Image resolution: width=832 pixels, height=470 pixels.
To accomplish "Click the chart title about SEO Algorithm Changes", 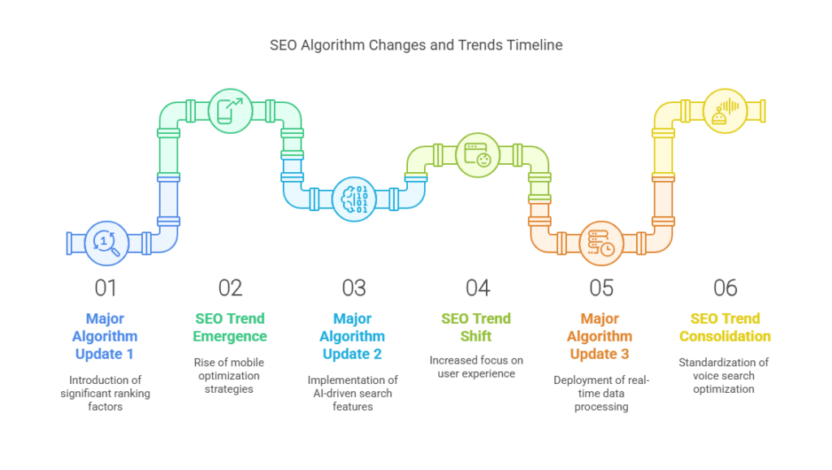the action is [x=416, y=45].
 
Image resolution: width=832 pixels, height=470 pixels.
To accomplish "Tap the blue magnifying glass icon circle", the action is [x=106, y=244].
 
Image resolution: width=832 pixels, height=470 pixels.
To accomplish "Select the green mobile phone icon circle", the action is [x=230, y=110].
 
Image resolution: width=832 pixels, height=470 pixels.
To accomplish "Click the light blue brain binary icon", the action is [x=354, y=199].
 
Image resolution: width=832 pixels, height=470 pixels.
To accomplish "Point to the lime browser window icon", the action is [x=478, y=155].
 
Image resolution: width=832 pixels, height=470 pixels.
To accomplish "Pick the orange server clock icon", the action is [x=601, y=244].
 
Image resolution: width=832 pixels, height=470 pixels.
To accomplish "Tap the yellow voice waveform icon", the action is [x=726, y=110].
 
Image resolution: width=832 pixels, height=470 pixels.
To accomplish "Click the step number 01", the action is [x=106, y=288].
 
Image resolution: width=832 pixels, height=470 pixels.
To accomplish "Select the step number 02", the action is [x=230, y=288].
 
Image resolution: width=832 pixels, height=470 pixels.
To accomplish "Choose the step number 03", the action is [x=354, y=288].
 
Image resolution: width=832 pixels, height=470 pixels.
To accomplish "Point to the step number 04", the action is [x=478, y=288].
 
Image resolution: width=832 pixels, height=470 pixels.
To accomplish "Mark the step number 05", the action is [x=602, y=288].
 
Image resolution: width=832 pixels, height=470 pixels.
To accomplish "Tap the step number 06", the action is [x=726, y=288].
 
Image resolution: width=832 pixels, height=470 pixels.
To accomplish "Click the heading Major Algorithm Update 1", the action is [x=105, y=336].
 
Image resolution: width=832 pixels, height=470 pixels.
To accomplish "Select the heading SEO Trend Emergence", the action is [x=230, y=327].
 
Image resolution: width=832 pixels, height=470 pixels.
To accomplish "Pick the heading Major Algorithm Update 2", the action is [x=353, y=336].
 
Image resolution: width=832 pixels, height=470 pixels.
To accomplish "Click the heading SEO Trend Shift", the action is [x=476, y=327].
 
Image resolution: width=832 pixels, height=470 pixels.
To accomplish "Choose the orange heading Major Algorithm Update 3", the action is [x=600, y=336].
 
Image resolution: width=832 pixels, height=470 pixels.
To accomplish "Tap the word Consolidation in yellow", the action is [x=726, y=337].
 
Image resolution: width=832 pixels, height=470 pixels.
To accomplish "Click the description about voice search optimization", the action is [x=724, y=376].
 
